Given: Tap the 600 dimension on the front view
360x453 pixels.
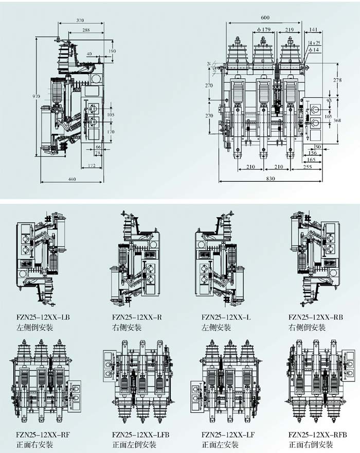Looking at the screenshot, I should [x=265, y=18].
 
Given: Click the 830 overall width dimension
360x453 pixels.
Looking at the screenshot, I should [x=271, y=179].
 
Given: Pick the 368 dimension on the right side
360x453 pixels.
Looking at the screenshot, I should [x=337, y=120].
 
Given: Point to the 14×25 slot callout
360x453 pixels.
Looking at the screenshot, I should [x=314, y=42].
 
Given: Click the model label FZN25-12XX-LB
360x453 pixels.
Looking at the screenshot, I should [x=39, y=317].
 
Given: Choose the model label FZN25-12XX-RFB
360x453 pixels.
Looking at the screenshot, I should [x=314, y=434].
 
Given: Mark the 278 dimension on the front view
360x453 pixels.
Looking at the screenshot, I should [x=337, y=80].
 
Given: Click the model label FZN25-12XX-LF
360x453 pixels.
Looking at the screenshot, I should [x=223, y=434].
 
